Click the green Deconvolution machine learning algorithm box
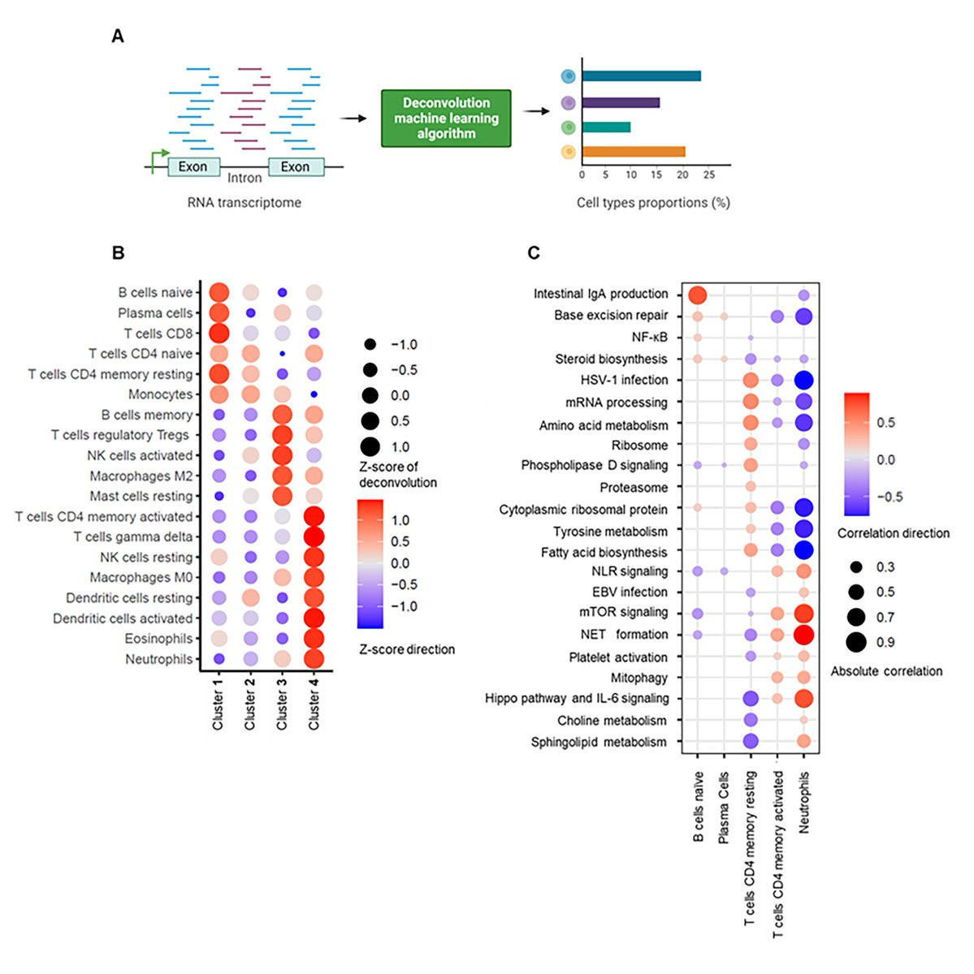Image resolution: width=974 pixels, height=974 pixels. point(446,119)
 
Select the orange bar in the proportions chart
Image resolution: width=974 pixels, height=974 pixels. point(634,152)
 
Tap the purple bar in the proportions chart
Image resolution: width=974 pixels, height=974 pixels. point(621,102)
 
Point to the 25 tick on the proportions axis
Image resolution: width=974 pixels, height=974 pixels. point(708,175)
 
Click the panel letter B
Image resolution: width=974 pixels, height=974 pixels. point(118,252)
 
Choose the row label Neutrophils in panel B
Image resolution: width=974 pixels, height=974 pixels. point(158,659)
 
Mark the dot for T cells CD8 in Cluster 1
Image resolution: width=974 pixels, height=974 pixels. point(219,333)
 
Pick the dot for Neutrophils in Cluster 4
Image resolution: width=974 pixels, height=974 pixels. point(314,659)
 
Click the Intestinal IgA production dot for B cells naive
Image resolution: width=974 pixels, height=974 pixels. point(697,294)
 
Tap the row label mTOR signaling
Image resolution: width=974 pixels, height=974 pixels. point(624,612)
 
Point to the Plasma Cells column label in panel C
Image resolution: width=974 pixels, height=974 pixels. point(724,807)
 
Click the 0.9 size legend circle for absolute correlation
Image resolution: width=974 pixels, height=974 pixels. point(855,642)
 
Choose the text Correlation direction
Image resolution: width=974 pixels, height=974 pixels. point(893,533)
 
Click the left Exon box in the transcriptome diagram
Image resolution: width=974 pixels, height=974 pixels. point(193,167)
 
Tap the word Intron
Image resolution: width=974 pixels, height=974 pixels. point(244,178)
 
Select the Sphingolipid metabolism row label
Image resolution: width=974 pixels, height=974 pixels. point(599,742)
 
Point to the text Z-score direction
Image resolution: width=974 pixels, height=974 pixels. point(407,649)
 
